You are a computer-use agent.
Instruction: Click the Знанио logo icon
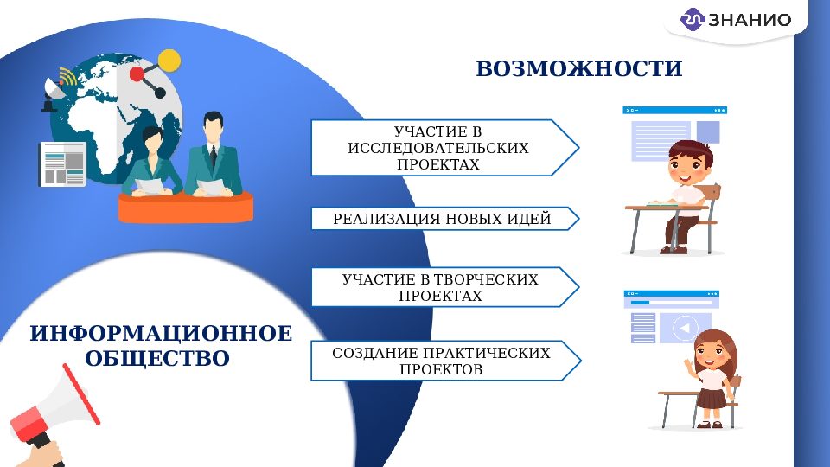click(693, 19)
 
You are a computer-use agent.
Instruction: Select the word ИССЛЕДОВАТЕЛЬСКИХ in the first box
click(437, 148)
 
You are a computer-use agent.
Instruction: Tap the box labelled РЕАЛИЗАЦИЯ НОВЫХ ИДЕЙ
click(442, 219)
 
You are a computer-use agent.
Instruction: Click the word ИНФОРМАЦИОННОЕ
click(161, 334)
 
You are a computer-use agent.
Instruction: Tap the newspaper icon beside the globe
click(62, 163)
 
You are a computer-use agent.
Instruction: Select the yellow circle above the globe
click(169, 60)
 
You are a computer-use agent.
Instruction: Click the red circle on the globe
click(137, 74)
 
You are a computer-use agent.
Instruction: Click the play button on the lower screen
click(685, 328)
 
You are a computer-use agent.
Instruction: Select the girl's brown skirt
click(711, 398)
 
